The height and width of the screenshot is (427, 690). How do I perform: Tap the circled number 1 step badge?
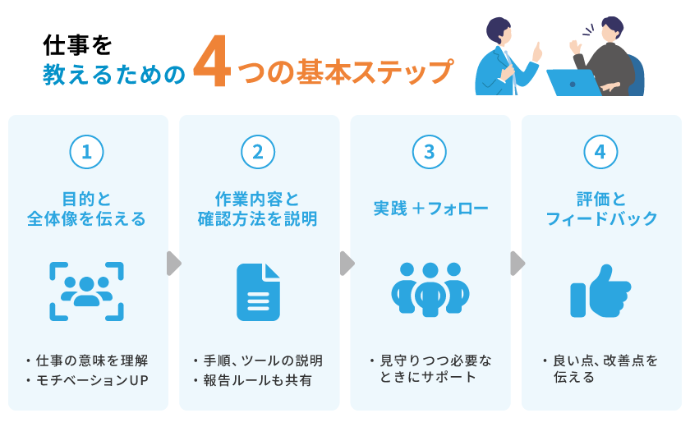pyautogui.click(x=87, y=152)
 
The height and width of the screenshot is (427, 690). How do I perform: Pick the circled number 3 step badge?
pyautogui.click(x=430, y=152)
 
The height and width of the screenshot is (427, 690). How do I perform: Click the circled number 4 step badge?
pyautogui.click(x=600, y=152)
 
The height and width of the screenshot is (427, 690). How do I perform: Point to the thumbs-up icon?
pyautogui.click(x=600, y=291)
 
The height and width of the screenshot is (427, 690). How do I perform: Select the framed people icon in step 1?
pyautogui.click(x=87, y=291)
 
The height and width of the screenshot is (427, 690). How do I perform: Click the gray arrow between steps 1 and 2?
pyautogui.click(x=173, y=264)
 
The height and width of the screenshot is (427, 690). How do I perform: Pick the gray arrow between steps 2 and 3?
pyautogui.click(x=346, y=264)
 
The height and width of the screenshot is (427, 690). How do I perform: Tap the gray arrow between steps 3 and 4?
pyautogui.click(x=517, y=264)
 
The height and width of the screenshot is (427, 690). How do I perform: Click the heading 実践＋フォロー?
pyautogui.click(x=430, y=209)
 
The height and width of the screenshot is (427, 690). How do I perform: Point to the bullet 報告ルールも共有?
pyautogui.click(x=257, y=380)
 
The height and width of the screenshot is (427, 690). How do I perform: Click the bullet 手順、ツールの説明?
pyautogui.click(x=261, y=360)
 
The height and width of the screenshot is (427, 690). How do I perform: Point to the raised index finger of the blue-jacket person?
pyautogui.click(x=538, y=48)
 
